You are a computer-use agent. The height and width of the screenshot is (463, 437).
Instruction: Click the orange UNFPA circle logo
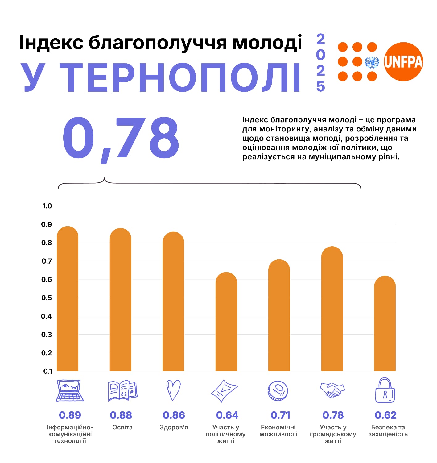pyautogui.click(x=403, y=62)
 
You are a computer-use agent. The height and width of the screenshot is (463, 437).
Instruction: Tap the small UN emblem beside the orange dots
pyautogui.click(x=372, y=62)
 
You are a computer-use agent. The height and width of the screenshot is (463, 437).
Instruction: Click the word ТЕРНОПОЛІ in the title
pyautogui.click(x=180, y=77)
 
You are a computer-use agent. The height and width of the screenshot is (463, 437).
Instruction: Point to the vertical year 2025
pyautogui.click(x=321, y=63)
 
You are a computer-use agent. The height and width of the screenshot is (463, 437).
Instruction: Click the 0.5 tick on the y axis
pyautogui.click(x=47, y=298)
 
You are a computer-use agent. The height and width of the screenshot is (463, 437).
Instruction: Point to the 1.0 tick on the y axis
pyautogui.click(x=47, y=206)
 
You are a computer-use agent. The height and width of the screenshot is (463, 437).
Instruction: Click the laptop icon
pyautogui.click(x=70, y=390)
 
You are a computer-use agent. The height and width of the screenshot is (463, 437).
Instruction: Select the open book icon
pyautogui.click(x=122, y=391)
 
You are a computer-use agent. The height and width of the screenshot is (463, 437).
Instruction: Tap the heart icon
pyautogui.click(x=173, y=390)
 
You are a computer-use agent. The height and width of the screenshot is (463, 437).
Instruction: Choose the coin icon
pyautogui.click(x=278, y=391)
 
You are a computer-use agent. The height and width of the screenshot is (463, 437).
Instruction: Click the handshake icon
pyautogui.click(x=332, y=390)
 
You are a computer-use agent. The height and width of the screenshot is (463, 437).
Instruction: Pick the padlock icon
pyautogui.click(x=385, y=390)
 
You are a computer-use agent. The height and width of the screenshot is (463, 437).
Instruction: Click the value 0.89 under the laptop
pyautogui.click(x=70, y=415)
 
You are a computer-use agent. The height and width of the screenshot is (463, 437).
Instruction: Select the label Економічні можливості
pyautogui.click(x=278, y=431)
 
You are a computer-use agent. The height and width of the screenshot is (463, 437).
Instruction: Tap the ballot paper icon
pyautogui.click(x=224, y=391)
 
